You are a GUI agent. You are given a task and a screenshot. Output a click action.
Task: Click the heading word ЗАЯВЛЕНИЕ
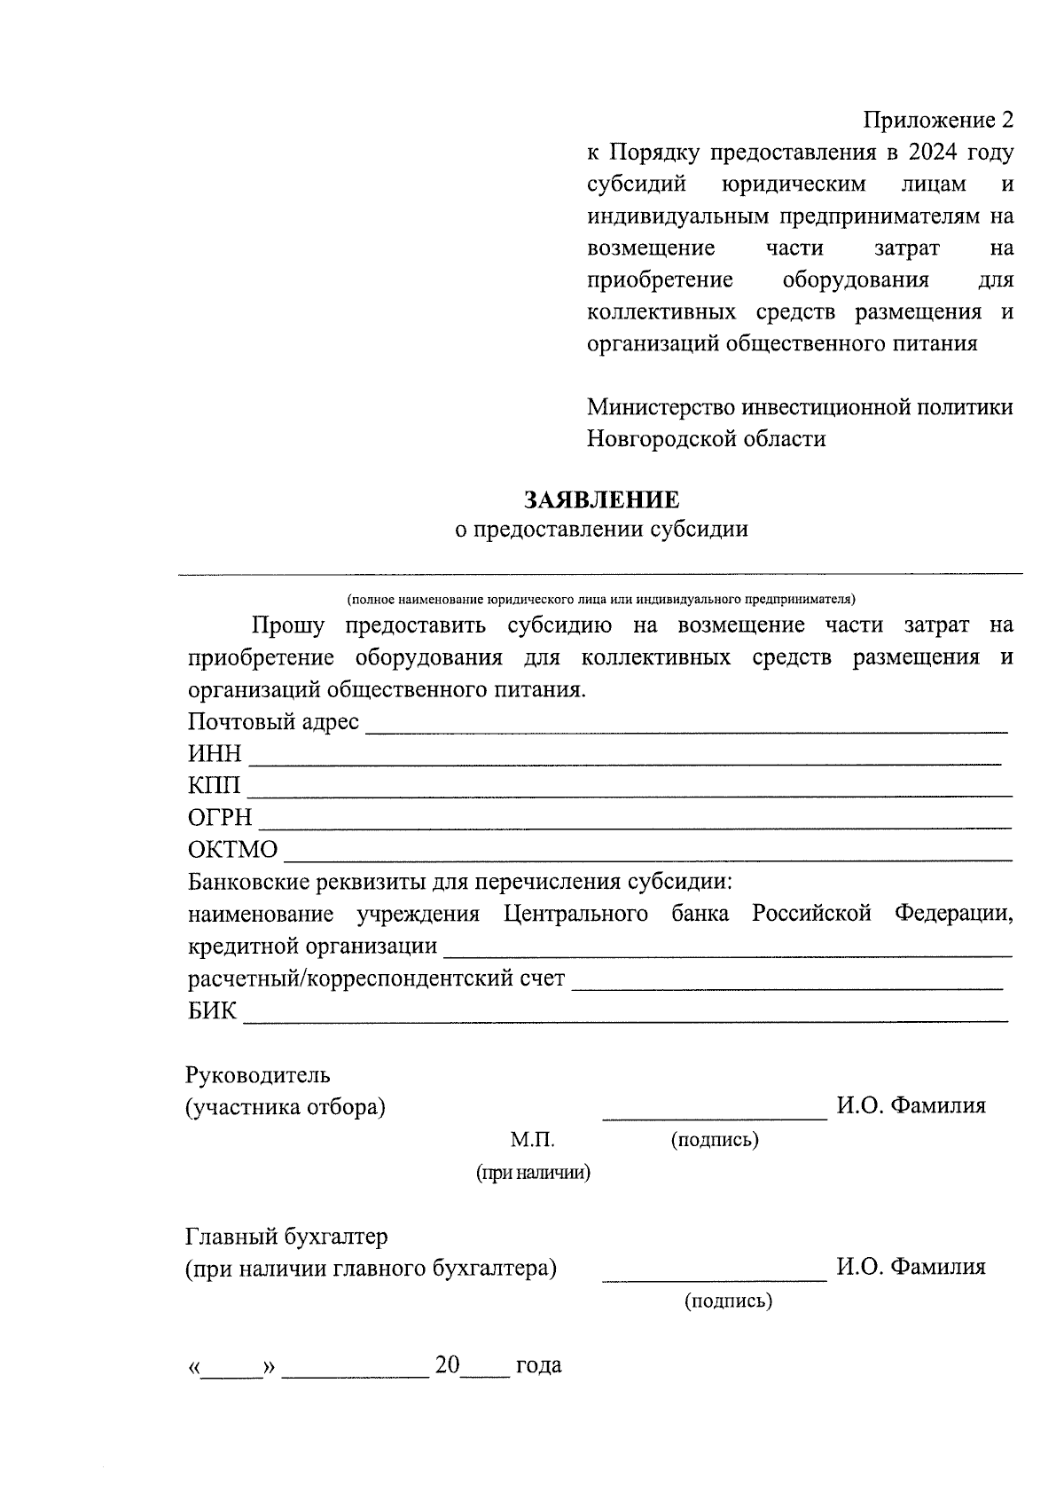tap(601, 499)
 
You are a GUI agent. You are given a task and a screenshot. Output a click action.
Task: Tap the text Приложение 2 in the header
tap(938, 120)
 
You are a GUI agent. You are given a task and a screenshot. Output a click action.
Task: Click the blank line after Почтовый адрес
tap(687, 729)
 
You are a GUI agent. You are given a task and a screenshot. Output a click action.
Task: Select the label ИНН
tap(215, 754)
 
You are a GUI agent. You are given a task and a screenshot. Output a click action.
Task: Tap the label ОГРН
tap(220, 817)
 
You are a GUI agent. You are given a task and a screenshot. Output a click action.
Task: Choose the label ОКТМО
tap(232, 850)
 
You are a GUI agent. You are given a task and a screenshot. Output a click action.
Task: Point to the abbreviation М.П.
tap(532, 1140)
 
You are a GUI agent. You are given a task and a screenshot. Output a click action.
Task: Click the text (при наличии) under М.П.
tap(533, 1173)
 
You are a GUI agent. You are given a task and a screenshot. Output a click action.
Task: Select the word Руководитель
tap(258, 1075)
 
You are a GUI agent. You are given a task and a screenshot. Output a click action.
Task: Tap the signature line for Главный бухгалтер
tap(715, 1278)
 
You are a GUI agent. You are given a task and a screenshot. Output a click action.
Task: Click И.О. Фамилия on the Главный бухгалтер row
tap(911, 1267)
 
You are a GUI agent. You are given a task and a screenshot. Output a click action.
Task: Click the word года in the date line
tap(538, 1365)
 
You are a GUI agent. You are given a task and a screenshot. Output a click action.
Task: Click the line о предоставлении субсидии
tap(601, 530)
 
